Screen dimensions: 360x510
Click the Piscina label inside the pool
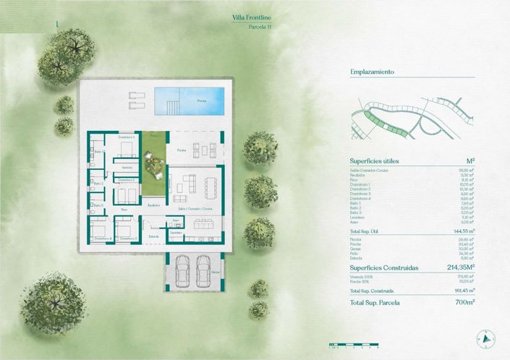(x=201, y=101)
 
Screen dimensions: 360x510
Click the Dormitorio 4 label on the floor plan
(x=102, y=237)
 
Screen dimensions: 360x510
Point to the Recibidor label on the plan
(x=153, y=205)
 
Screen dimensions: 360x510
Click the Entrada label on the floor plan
(x=153, y=236)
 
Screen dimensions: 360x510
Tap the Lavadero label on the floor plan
(x=176, y=233)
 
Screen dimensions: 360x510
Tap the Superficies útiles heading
(x=374, y=160)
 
